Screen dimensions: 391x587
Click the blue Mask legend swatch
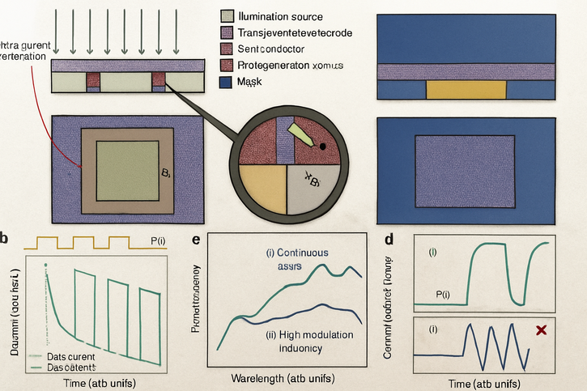[x=228, y=83]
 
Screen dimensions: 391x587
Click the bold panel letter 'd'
[x=391, y=239]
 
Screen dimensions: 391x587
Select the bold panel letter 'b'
[x=5, y=238]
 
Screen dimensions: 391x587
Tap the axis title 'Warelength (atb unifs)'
[x=283, y=378]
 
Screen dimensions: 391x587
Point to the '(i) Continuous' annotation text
[x=297, y=252]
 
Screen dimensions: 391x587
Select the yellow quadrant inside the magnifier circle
[x=260, y=189]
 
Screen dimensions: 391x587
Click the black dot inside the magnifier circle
[x=323, y=147]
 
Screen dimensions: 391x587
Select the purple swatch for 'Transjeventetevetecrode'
[x=228, y=32]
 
